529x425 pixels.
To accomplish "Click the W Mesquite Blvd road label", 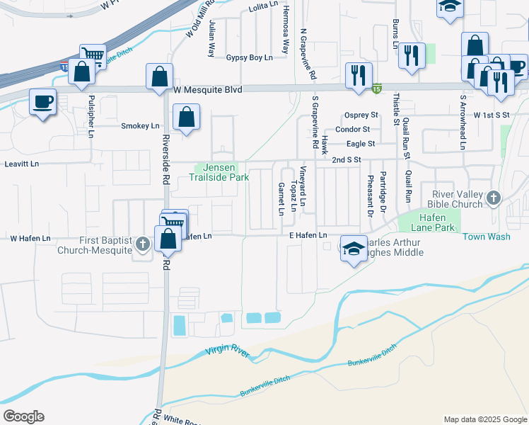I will [208, 90].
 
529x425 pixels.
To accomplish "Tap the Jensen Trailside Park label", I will [219, 172].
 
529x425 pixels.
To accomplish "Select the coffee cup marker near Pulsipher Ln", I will [43, 102].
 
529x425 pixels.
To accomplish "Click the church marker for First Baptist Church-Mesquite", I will [143, 244].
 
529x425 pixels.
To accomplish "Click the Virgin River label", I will [228, 351].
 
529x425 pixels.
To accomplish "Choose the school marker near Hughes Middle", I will [354, 248].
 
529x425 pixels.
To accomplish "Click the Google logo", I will [23, 416].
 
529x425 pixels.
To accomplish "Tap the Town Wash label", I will [487, 237].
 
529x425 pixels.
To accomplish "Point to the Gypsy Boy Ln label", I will [249, 57].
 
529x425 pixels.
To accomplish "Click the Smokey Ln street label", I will [140, 126].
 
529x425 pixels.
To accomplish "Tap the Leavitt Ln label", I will [19, 164].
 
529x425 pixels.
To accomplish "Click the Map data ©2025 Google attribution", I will [484, 419].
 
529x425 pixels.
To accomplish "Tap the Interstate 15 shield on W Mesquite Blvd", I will [378, 89].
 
